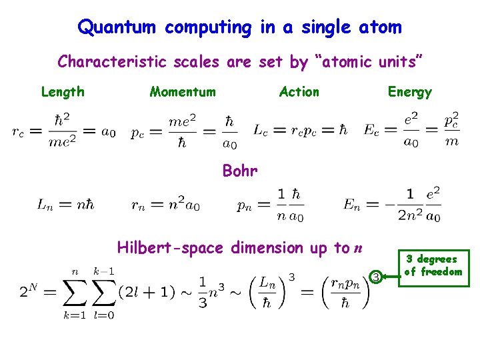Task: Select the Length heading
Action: click(x=63, y=92)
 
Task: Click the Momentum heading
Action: click(x=183, y=92)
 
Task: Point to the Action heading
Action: click(x=299, y=92)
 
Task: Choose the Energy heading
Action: click(x=410, y=92)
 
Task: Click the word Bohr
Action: click(x=240, y=171)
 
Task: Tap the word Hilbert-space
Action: click(x=171, y=248)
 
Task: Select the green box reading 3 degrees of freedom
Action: click(x=433, y=266)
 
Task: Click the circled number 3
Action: click(x=376, y=277)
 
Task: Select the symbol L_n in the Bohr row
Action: click(x=45, y=204)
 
